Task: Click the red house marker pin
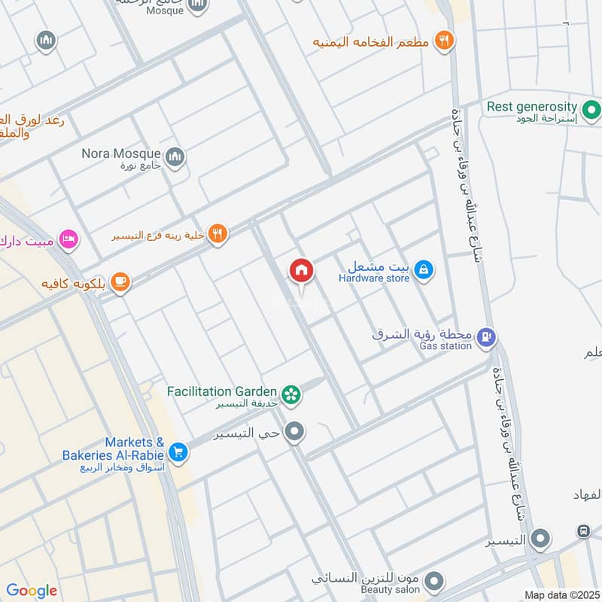click(301, 270)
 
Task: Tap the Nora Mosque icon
click(176, 157)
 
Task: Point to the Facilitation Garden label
click(222, 391)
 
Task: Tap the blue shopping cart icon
click(178, 451)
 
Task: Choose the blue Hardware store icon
click(424, 269)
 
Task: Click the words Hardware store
click(374, 278)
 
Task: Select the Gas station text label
click(446, 346)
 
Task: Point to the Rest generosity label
click(532, 107)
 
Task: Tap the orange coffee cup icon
click(120, 282)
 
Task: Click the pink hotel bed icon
click(68, 239)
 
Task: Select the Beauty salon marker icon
click(433, 581)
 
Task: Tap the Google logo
click(32, 591)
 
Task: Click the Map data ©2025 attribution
click(561, 595)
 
